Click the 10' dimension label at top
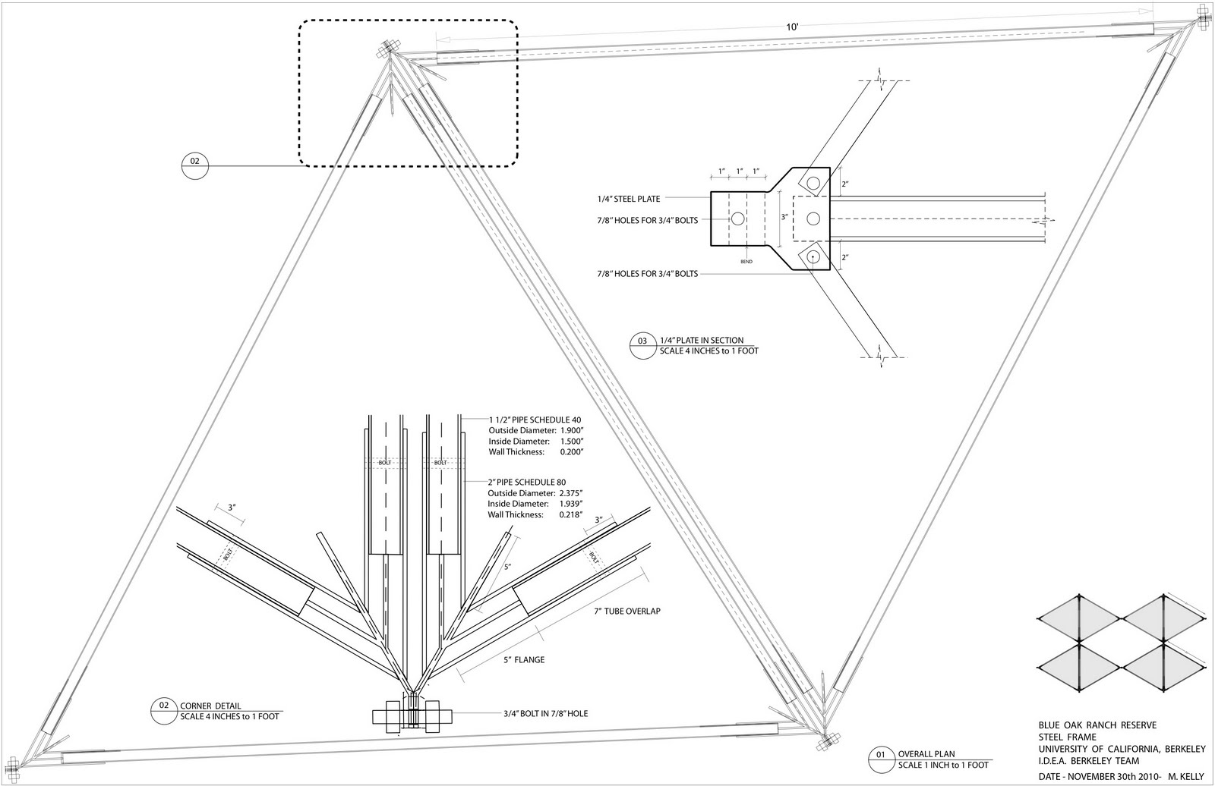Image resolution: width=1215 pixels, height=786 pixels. click(792, 27)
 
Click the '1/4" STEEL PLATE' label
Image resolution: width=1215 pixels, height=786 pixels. click(628, 199)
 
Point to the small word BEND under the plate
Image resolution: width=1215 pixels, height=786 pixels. click(746, 261)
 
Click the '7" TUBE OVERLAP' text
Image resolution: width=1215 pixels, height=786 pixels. click(628, 612)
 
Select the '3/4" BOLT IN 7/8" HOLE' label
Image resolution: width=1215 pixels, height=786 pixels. click(545, 713)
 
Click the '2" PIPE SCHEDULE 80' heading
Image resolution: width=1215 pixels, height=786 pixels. click(526, 482)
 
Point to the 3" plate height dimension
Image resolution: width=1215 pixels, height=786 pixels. click(786, 216)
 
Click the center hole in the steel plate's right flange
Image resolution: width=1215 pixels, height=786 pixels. click(813, 219)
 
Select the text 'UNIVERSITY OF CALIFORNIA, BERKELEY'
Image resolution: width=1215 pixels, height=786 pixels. click(1122, 749)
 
